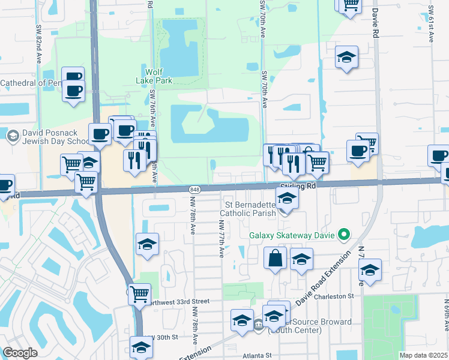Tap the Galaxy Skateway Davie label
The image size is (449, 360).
pyautogui.click(x=293, y=234)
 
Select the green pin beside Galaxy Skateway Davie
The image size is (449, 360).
pyautogui.click(x=344, y=234)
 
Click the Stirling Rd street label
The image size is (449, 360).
pyautogui.click(x=298, y=187)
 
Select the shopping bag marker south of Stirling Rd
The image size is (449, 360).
pyautogui.click(x=276, y=259)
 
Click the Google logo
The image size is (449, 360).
pyautogui.click(x=20, y=353)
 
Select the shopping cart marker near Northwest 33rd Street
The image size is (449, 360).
pyautogui.click(x=139, y=294)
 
